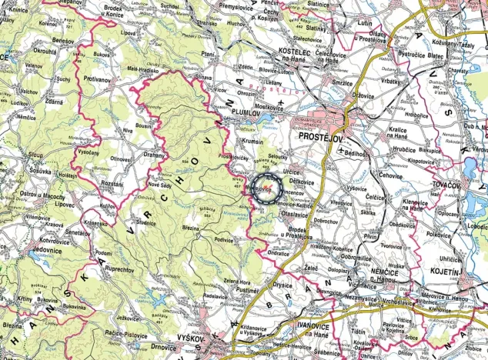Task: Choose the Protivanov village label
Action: [99, 78]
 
